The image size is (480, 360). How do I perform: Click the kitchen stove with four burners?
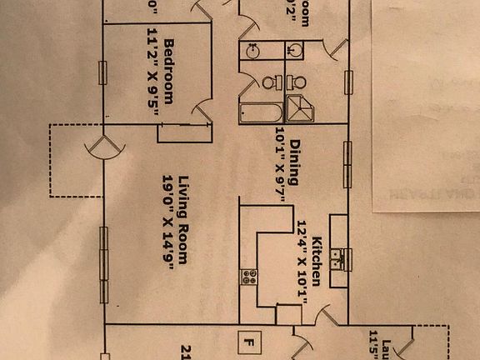click(x=248, y=277)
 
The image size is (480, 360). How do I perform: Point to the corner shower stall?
click(x=297, y=108)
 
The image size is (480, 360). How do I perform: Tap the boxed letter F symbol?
click(x=247, y=340)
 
